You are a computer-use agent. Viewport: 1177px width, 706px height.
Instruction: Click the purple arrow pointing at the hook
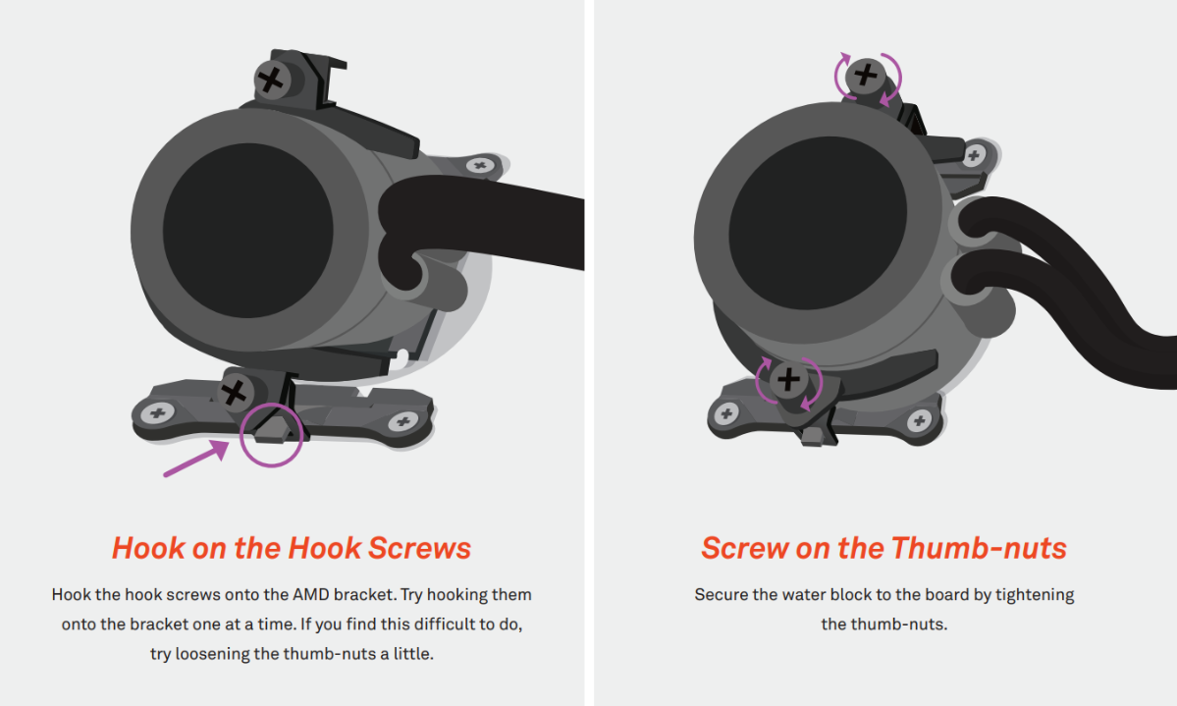pos(196,459)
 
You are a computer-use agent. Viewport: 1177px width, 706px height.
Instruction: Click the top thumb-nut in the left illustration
pos(272,80)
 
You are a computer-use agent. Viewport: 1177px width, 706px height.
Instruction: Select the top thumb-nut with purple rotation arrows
pos(866,75)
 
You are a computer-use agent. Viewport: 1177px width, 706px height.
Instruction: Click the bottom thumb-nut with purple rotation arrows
pos(788,379)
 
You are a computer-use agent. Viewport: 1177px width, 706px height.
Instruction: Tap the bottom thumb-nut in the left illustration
pos(235,392)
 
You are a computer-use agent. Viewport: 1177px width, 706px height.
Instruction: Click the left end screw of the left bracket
pos(158,412)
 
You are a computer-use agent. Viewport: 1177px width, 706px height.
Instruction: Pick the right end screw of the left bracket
pos(403,421)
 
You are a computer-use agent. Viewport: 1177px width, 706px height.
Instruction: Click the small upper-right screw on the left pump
pos(480,165)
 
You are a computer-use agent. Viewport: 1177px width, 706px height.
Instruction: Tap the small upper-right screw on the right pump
pos(974,156)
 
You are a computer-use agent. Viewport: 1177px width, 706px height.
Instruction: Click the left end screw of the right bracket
pos(725,413)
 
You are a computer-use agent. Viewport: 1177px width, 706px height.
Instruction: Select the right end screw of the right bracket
pos(919,420)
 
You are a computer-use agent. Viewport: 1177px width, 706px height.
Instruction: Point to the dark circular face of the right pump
pos(818,223)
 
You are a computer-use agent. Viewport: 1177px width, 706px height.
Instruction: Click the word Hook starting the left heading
pos(148,548)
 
